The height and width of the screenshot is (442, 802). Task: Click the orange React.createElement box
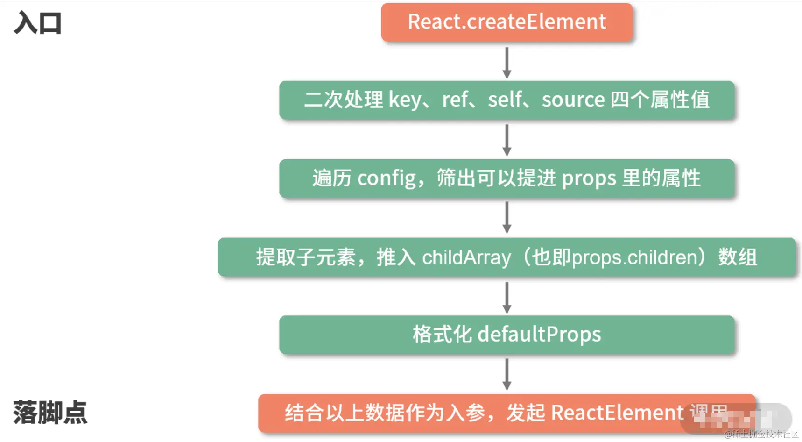point(507,22)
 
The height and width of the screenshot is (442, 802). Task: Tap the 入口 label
point(38,23)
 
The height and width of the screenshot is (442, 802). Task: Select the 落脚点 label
point(50,413)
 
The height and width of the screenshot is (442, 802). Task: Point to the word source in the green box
point(573,100)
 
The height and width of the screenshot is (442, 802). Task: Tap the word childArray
point(466,257)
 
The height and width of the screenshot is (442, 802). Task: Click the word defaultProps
point(539,335)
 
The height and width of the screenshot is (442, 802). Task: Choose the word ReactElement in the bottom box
point(617,413)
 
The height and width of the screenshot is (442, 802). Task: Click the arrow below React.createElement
point(507,62)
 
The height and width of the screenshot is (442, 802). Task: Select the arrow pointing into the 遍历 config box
point(507,140)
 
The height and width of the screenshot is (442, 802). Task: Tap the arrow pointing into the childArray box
point(507,218)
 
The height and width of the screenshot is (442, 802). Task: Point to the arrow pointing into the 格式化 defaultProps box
point(507,297)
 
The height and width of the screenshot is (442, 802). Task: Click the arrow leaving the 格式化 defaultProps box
point(507,374)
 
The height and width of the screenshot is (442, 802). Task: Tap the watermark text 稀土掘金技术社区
point(765,435)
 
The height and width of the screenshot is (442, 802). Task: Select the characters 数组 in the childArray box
point(738,257)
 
